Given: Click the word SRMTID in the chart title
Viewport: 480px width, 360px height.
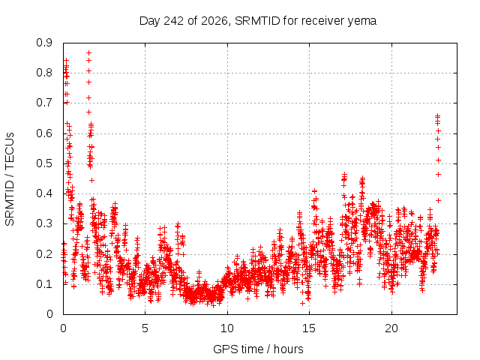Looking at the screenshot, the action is click(x=257, y=21).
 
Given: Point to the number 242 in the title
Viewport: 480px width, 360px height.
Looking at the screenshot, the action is click(x=173, y=21).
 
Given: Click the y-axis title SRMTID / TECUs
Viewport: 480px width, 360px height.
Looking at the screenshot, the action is click(x=10, y=179).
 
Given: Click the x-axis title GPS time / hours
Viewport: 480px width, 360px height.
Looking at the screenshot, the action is click(x=258, y=349).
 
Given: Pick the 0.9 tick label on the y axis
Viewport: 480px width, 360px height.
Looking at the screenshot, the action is click(x=44, y=43).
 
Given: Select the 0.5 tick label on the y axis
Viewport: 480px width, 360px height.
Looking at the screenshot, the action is click(x=44, y=163).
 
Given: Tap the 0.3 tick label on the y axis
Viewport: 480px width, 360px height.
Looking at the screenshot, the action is click(x=44, y=223).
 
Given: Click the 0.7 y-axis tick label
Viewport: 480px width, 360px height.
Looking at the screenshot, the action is click(x=44, y=103).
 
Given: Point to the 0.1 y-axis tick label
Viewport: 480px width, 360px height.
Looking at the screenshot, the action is click(x=44, y=284).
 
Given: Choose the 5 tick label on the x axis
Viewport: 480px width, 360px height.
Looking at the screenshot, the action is click(x=145, y=328).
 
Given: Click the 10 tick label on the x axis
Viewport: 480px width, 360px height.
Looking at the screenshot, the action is click(x=227, y=328).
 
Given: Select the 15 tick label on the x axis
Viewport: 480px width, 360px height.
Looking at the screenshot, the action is click(x=309, y=328).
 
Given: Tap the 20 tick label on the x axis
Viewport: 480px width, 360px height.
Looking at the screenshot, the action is click(x=391, y=328).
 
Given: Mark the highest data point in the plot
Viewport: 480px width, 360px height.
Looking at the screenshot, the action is click(x=88, y=52).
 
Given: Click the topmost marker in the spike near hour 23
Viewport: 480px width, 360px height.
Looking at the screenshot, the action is click(x=437, y=115).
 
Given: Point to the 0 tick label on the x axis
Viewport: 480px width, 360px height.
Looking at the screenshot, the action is click(x=63, y=328).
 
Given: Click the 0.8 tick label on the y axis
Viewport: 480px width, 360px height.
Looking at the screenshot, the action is click(x=44, y=73).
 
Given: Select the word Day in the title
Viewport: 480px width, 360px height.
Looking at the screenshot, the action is click(x=150, y=22).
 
